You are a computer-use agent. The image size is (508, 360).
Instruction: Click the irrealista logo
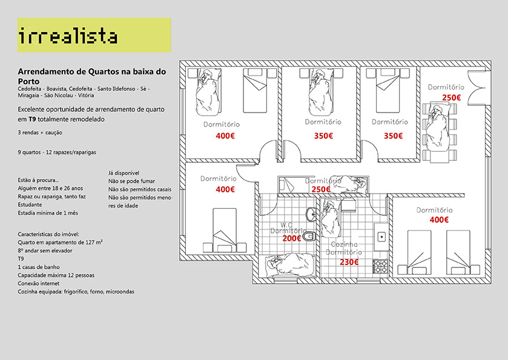coord(68,36)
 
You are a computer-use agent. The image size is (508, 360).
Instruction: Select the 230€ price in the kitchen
coord(349,262)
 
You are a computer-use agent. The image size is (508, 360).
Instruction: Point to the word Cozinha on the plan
coord(345,245)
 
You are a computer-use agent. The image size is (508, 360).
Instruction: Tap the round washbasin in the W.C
coord(311,214)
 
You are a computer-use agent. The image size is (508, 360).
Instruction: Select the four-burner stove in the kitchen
coord(381,264)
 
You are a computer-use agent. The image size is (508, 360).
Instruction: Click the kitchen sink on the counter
coord(381,236)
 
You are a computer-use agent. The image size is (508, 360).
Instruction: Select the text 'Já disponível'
coord(124,172)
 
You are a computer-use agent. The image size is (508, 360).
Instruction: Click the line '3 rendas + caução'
coord(41,132)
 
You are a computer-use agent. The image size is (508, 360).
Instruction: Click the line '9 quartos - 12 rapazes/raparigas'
coord(58,152)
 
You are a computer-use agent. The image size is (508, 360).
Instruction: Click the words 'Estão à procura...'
coord(39,180)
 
